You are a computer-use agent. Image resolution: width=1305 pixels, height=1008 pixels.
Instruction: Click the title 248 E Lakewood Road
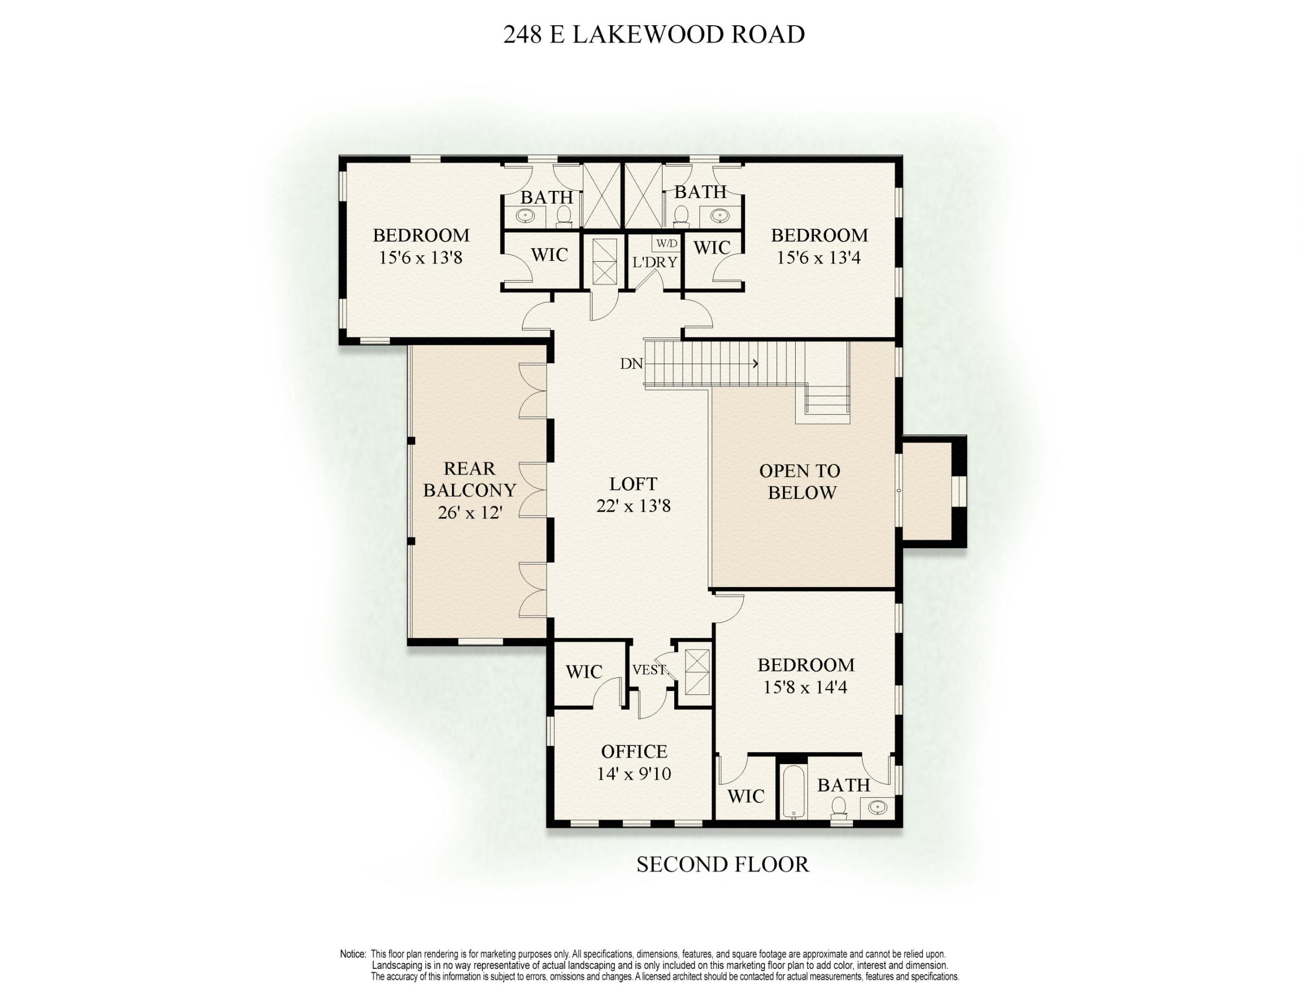pyautogui.click(x=654, y=35)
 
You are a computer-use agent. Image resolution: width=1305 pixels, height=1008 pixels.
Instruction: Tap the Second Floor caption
pyautogui.click(x=722, y=864)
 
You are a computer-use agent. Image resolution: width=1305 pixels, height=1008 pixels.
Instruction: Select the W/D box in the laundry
pyautogui.click(x=666, y=244)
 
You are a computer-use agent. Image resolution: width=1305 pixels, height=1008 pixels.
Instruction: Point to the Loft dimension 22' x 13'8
pyautogui.click(x=634, y=506)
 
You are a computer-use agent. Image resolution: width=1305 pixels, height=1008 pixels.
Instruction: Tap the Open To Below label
pyautogui.click(x=801, y=482)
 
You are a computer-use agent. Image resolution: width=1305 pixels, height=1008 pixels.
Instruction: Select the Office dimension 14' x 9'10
pyautogui.click(x=634, y=774)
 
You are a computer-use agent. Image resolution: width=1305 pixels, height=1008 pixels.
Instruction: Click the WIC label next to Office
pyautogui.click(x=584, y=672)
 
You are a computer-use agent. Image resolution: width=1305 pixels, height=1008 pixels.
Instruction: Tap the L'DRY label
pyautogui.click(x=656, y=262)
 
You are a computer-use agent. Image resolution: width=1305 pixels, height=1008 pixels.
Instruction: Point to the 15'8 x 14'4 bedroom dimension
pyautogui.click(x=805, y=687)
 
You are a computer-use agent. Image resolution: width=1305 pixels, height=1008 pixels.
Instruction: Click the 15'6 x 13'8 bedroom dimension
pyautogui.click(x=421, y=258)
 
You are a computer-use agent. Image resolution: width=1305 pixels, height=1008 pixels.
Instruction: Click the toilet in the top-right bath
pyautogui.click(x=681, y=217)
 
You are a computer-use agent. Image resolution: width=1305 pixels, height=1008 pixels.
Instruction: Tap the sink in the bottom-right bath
pyautogui.click(x=877, y=808)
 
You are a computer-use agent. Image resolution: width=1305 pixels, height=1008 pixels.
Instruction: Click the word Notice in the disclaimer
pyautogui.click(x=353, y=954)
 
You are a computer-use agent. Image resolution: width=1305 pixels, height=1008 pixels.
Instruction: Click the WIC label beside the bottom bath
pyautogui.click(x=746, y=796)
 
